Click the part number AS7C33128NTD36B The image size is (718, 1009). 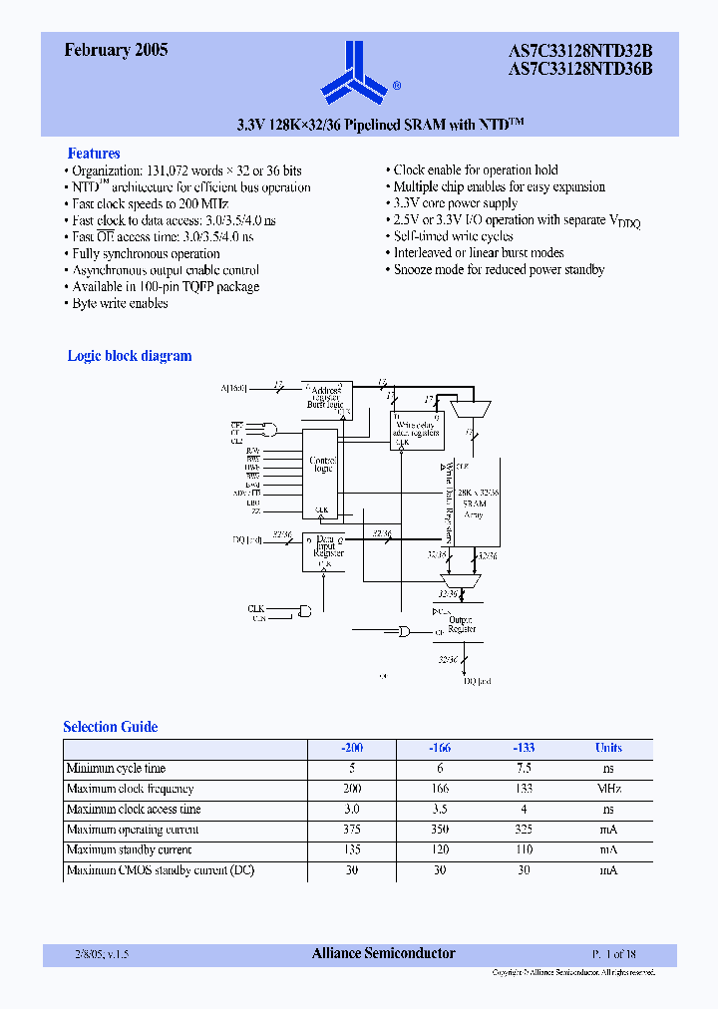pyautogui.click(x=580, y=69)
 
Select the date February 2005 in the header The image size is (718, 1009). pyautogui.click(x=116, y=50)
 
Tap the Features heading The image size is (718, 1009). pyautogui.click(x=94, y=154)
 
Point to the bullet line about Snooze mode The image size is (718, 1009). pyautogui.click(x=499, y=270)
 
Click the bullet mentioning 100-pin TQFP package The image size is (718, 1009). pyautogui.click(x=166, y=287)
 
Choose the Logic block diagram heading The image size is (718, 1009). pyautogui.click(x=130, y=356)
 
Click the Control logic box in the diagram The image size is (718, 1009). pyautogui.click(x=322, y=464)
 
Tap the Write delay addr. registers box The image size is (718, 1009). pyautogui.click(x=417, y=429)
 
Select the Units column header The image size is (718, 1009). pyautogui.click(x=608, y=748)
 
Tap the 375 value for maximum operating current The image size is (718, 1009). pyautogui.click(x=350, y=830)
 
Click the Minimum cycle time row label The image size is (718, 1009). pyautogui.click(x=116, y=769)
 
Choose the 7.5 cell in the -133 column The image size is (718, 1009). pyautogui.click(x=524, y=769)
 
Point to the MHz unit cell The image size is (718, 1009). pyautogui.click(x=608, y=789)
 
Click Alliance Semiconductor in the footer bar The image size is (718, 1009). pyautogui.click(x=384, y=954)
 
